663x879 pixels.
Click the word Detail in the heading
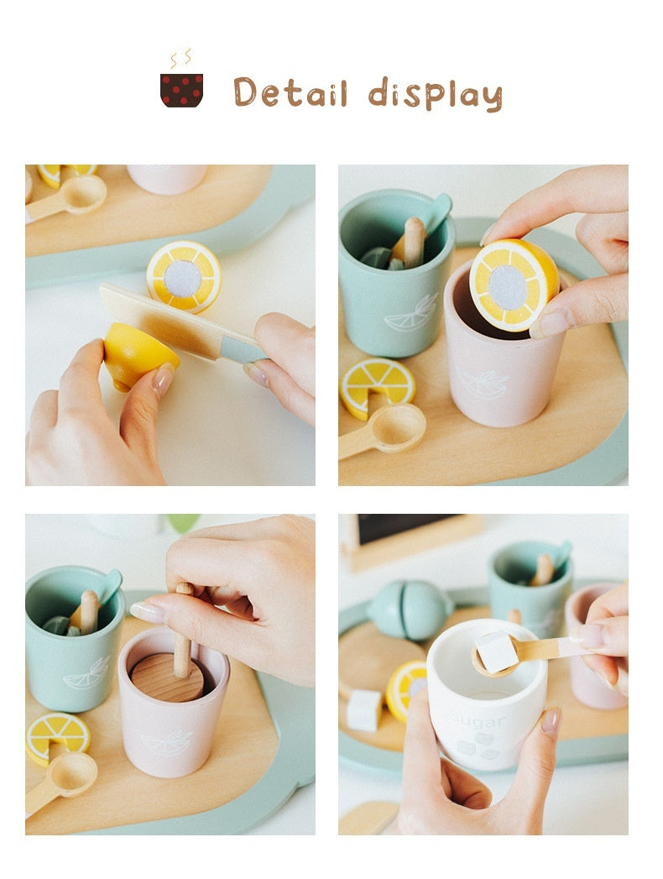pos(290,92)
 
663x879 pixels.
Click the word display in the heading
pos(435,94)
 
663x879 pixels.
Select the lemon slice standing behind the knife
pos(184,275)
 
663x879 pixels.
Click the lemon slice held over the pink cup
pos(513,285)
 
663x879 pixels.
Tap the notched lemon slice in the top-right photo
pos(378,384)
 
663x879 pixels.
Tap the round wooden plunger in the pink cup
pos(167,676)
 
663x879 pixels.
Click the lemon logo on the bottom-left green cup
pos(86,672)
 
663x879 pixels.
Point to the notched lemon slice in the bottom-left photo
pos(57,733)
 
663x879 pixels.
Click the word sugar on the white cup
pos(478,721)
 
